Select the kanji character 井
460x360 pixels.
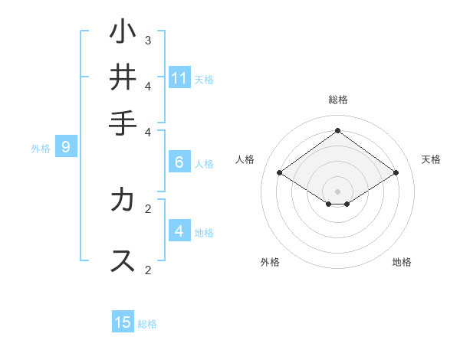coord(123,77)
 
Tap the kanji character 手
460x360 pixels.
coord(123,122)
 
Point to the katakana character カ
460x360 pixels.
coord(123,200)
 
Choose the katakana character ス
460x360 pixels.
coord(123,260)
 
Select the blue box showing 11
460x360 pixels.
coord(179,78)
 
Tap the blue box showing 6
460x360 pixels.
coord(179,162)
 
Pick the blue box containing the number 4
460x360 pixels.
coord(179,231)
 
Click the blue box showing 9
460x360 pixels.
coord(66,147)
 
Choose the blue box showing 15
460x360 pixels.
coord(123,322)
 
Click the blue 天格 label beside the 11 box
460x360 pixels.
coord(204,80)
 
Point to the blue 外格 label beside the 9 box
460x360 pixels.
coord(41,149)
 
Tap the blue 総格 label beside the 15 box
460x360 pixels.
coord(147,324)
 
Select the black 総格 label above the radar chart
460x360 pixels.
coord(338,100)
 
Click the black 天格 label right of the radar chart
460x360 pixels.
coord(431,159)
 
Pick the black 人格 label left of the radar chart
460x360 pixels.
coord(245,159)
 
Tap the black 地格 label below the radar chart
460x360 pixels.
coord(402,263)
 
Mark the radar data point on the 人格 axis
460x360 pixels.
coord(280,173)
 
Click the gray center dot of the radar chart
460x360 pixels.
coord(338,191)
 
